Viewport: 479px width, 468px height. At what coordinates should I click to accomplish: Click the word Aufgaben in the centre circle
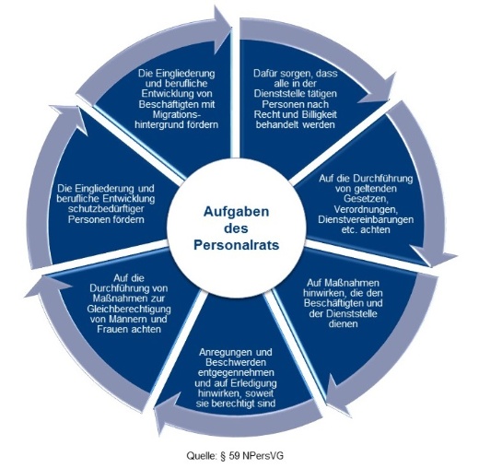tap(236, 212)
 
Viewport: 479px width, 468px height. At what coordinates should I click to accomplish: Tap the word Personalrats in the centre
tap(236, 245)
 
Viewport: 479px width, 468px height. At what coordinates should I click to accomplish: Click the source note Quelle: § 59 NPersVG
tap(235, 456)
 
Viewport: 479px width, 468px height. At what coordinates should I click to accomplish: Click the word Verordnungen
tap(366, 209)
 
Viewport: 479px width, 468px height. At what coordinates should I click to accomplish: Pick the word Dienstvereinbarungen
tap(366, 219)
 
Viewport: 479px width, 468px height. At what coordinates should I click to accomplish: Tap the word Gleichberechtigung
tap(129, 309)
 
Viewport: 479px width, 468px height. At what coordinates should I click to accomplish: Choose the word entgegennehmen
tap(236, 372)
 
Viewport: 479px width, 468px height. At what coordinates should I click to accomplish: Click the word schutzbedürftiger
tap(107, 209)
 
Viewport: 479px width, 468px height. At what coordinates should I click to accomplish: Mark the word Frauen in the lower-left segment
tap(111, 329)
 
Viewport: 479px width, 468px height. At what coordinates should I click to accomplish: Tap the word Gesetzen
tap(366, 199)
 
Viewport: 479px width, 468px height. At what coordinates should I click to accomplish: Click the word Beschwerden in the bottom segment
tap(236, 362)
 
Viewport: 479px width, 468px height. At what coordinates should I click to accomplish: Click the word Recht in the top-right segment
tap(265, 114)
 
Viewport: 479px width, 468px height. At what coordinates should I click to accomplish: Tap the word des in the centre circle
tap(236, 228)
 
